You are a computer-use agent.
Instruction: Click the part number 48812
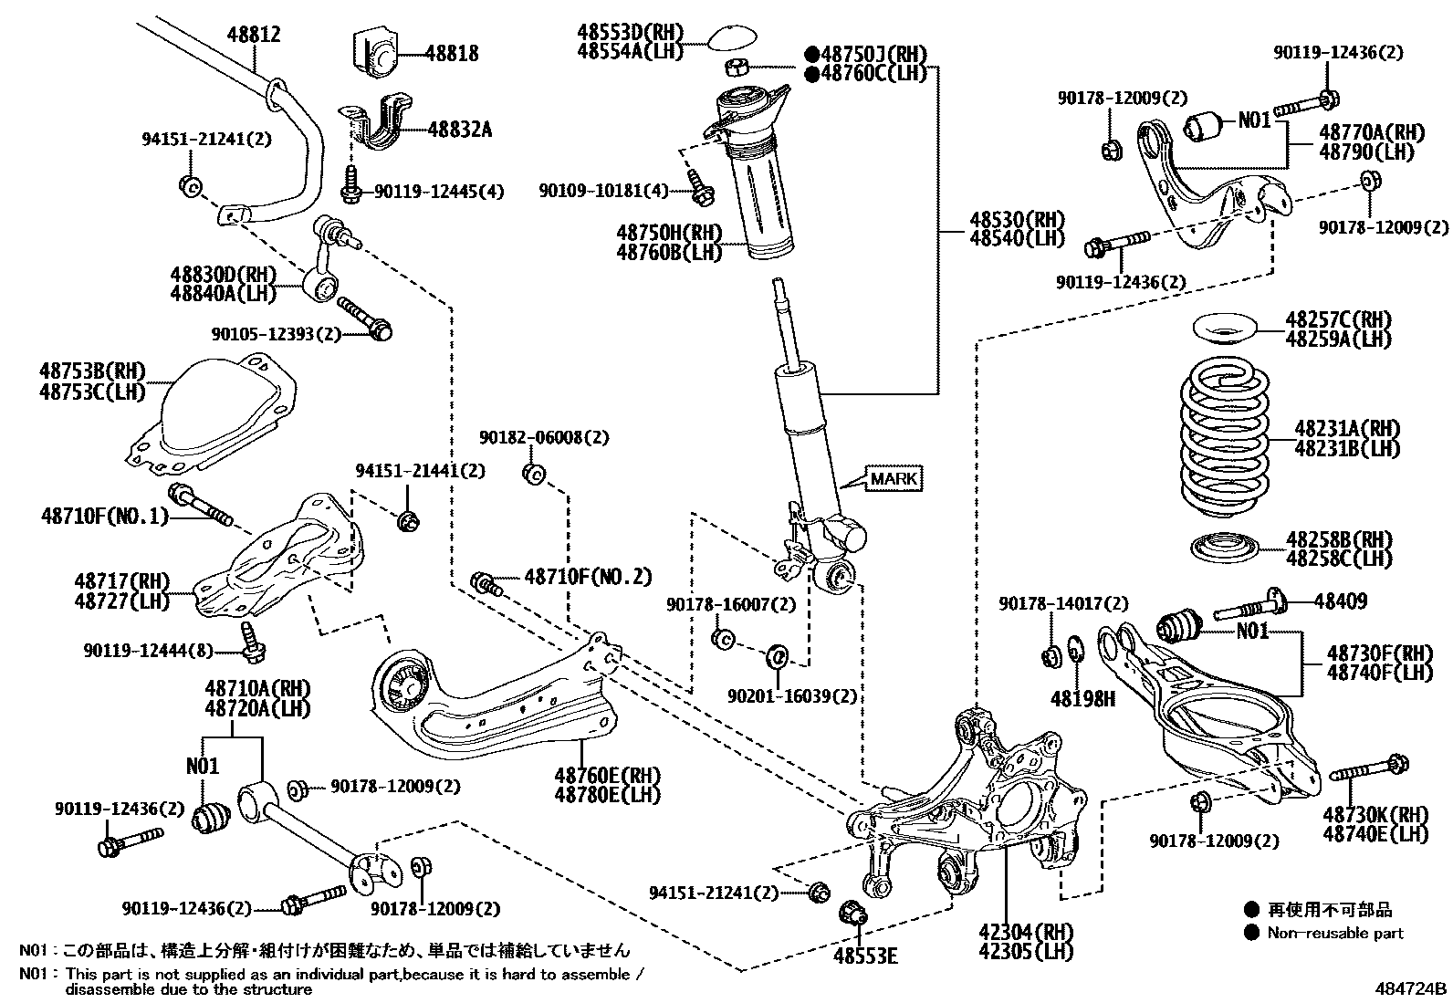(x=254, y=35)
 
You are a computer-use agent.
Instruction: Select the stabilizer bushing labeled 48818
(x=375, y=55)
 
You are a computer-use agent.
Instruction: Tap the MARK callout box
(x=894, y=478)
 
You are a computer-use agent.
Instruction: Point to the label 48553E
(x=864, y=956)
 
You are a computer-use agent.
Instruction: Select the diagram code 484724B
(x=1412, y=987)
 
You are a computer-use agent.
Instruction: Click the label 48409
(x=1341, y=601)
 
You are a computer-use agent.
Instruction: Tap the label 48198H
(x=1082, y=699)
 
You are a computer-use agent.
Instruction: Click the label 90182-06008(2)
(x=544, y=438)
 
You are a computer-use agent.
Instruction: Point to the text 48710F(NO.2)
(x=589, y=577)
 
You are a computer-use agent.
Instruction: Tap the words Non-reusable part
(x=1335, y=933)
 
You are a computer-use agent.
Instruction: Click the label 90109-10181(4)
(x=603, y=191)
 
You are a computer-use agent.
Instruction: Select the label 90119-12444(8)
(x=149, y=651)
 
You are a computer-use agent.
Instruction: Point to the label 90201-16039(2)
(x=792, y=696)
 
